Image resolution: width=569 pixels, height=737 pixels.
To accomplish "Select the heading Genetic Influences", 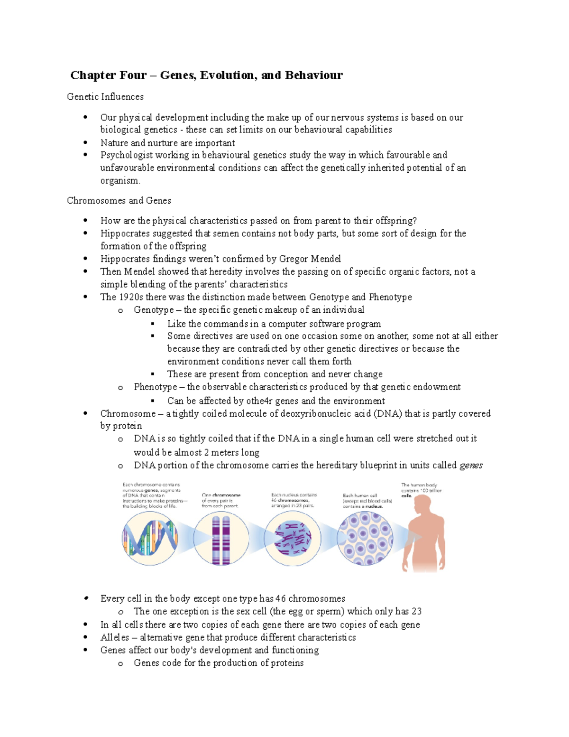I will [x=105, y=97].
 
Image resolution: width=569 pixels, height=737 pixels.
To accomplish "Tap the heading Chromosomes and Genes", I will [x=119, y=201].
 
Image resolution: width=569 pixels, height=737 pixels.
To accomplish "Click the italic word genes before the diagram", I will [x=471, y=466].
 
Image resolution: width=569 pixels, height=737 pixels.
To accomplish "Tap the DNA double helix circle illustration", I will [x=150, y=538].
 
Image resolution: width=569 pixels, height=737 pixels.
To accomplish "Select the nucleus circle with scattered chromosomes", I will [x=292, y=538].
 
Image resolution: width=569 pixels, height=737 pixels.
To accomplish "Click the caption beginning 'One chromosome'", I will [x=221, y=501].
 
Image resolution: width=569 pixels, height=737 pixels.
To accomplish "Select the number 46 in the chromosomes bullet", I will [x=280, y=599].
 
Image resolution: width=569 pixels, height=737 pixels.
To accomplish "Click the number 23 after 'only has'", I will [x=416, y=612].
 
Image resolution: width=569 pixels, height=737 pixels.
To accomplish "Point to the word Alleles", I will [x=115, y=638].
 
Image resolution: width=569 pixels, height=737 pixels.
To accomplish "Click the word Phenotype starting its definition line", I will [x=155, y=387].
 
